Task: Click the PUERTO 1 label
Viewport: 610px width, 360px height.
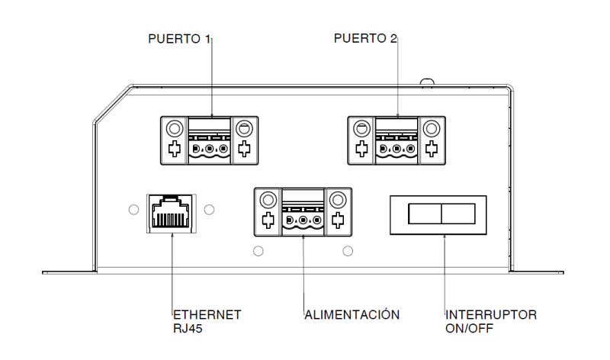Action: (179, 37)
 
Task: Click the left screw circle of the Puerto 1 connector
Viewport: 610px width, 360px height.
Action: (174, 127)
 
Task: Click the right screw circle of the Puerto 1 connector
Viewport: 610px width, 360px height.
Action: (245, 127)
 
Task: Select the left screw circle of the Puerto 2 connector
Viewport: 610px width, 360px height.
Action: (361, 127)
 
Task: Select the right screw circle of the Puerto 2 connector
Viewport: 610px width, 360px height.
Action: (432, 127)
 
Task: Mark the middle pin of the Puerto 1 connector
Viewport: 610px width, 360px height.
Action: (209, 147)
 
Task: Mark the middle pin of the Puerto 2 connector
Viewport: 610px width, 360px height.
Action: (396, 147)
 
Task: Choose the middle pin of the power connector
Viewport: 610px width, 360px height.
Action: (303, 221)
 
